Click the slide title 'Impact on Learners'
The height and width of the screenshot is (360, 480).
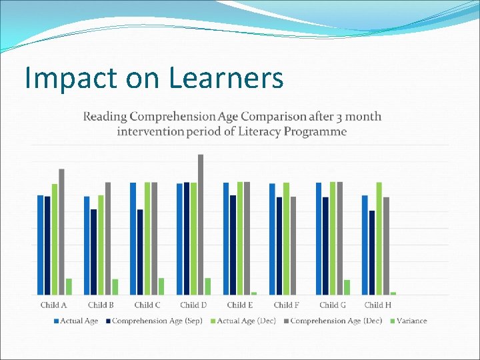click(154, 78)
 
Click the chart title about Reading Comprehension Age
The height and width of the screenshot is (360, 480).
click(232, 123)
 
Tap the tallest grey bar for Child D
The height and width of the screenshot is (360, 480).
click(201, 224)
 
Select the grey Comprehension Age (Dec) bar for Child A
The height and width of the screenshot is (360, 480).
click(61, 231)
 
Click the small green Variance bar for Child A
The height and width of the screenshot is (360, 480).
click(69, 287)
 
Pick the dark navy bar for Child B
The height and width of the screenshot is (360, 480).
click(94, 252)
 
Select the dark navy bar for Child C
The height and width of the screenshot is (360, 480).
click(140, 252)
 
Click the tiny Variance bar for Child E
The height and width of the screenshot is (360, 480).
click(254, 293)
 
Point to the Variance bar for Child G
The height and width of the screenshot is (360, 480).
click(347, 287)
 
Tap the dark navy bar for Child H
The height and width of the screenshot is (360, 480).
click(372, 253)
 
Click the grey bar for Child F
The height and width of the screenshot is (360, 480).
click(293, 245)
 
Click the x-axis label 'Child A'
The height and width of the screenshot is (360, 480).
click(53, 305)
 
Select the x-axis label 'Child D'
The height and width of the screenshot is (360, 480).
click(193, 305)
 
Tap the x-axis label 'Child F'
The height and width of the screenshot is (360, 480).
click(286, 305)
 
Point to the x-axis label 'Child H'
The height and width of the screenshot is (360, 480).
click(378, 305)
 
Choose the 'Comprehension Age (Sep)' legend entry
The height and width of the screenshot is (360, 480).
click(157, 321)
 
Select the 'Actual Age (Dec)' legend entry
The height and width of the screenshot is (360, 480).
click(245, 321)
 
